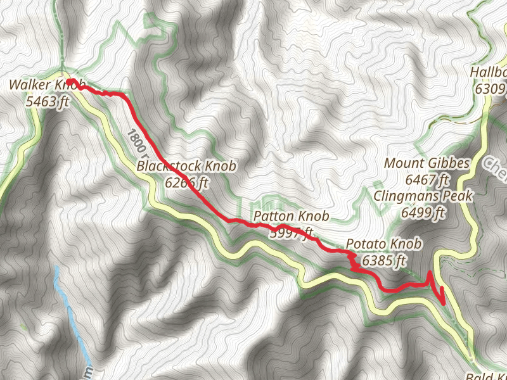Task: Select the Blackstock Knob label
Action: pos(186,167)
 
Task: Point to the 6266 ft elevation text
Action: pos(186,183)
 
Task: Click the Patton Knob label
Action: pos(291,217)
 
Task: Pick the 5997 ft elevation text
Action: pos(291,233)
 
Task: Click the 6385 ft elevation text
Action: pos(384,260)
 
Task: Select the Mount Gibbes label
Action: pos(427,164)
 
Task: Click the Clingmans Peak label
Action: pos(423,196)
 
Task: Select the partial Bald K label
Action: pos(485,376)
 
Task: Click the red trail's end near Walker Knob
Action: pos(72,82)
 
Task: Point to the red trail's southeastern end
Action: pos(443,302)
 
